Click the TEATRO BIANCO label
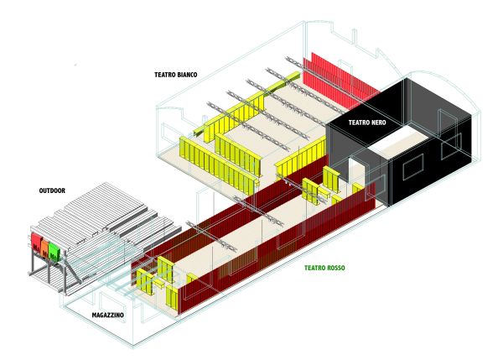175,74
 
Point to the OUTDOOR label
55,190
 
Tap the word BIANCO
185,74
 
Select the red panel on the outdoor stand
37,242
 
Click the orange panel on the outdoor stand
46,247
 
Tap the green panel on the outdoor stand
55,251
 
